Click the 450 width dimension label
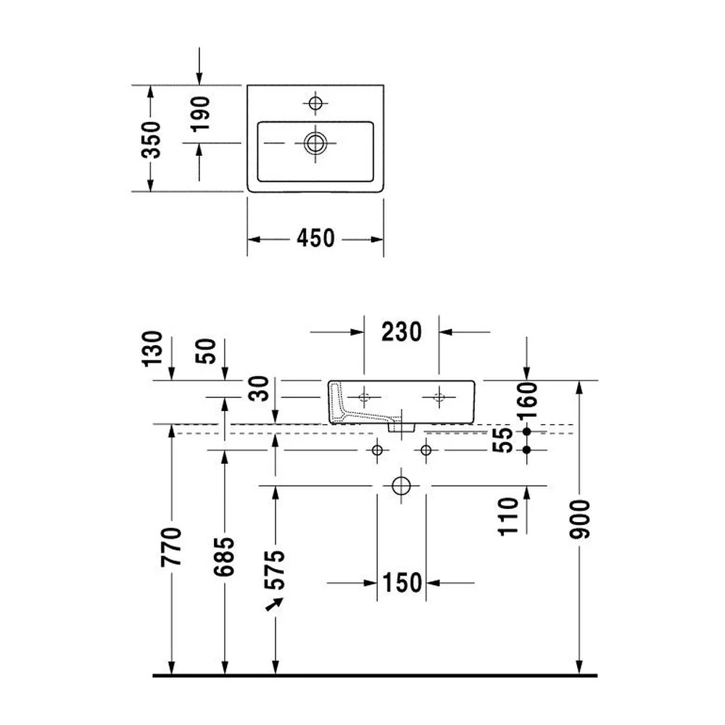pyautogui.click(x=315, y=238)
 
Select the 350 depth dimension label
pyautogui.click(x=152, y=140)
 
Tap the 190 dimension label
pyautogui.click(x=200, y=114)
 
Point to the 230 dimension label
pyautogui.click(x=402, y=331)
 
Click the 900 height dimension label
pyautogui.click(x=580, y=519)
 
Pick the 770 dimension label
pyautogui.click(x=171, y=547)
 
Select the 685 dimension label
pyautogui.click(x=224, y=557)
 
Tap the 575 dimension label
pyautogui.click(x=275, y=570)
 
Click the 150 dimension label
pyautogui.click(x=402, y=583)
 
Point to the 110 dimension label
pyautogui.click(x=508, y=516)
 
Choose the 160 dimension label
pyautogui.click(x=528, y=400)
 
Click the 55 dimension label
pyautogui.click(x=503, y=440)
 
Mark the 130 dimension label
pyautogui.click(x=153, y=349)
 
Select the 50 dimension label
pyautogui.click(x=206, y=351)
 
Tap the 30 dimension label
pyautogui.click(x=259, y=389)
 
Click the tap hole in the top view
pyautogui.click(x=315, y=103)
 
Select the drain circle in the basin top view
pyautogui.click(x=315, y=143)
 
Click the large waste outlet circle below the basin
pyautogui.click(x=401, y=486)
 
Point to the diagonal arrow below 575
pyautogui.click(x=274, y=605)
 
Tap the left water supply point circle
pyautogui.click(x=377, y=450)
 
